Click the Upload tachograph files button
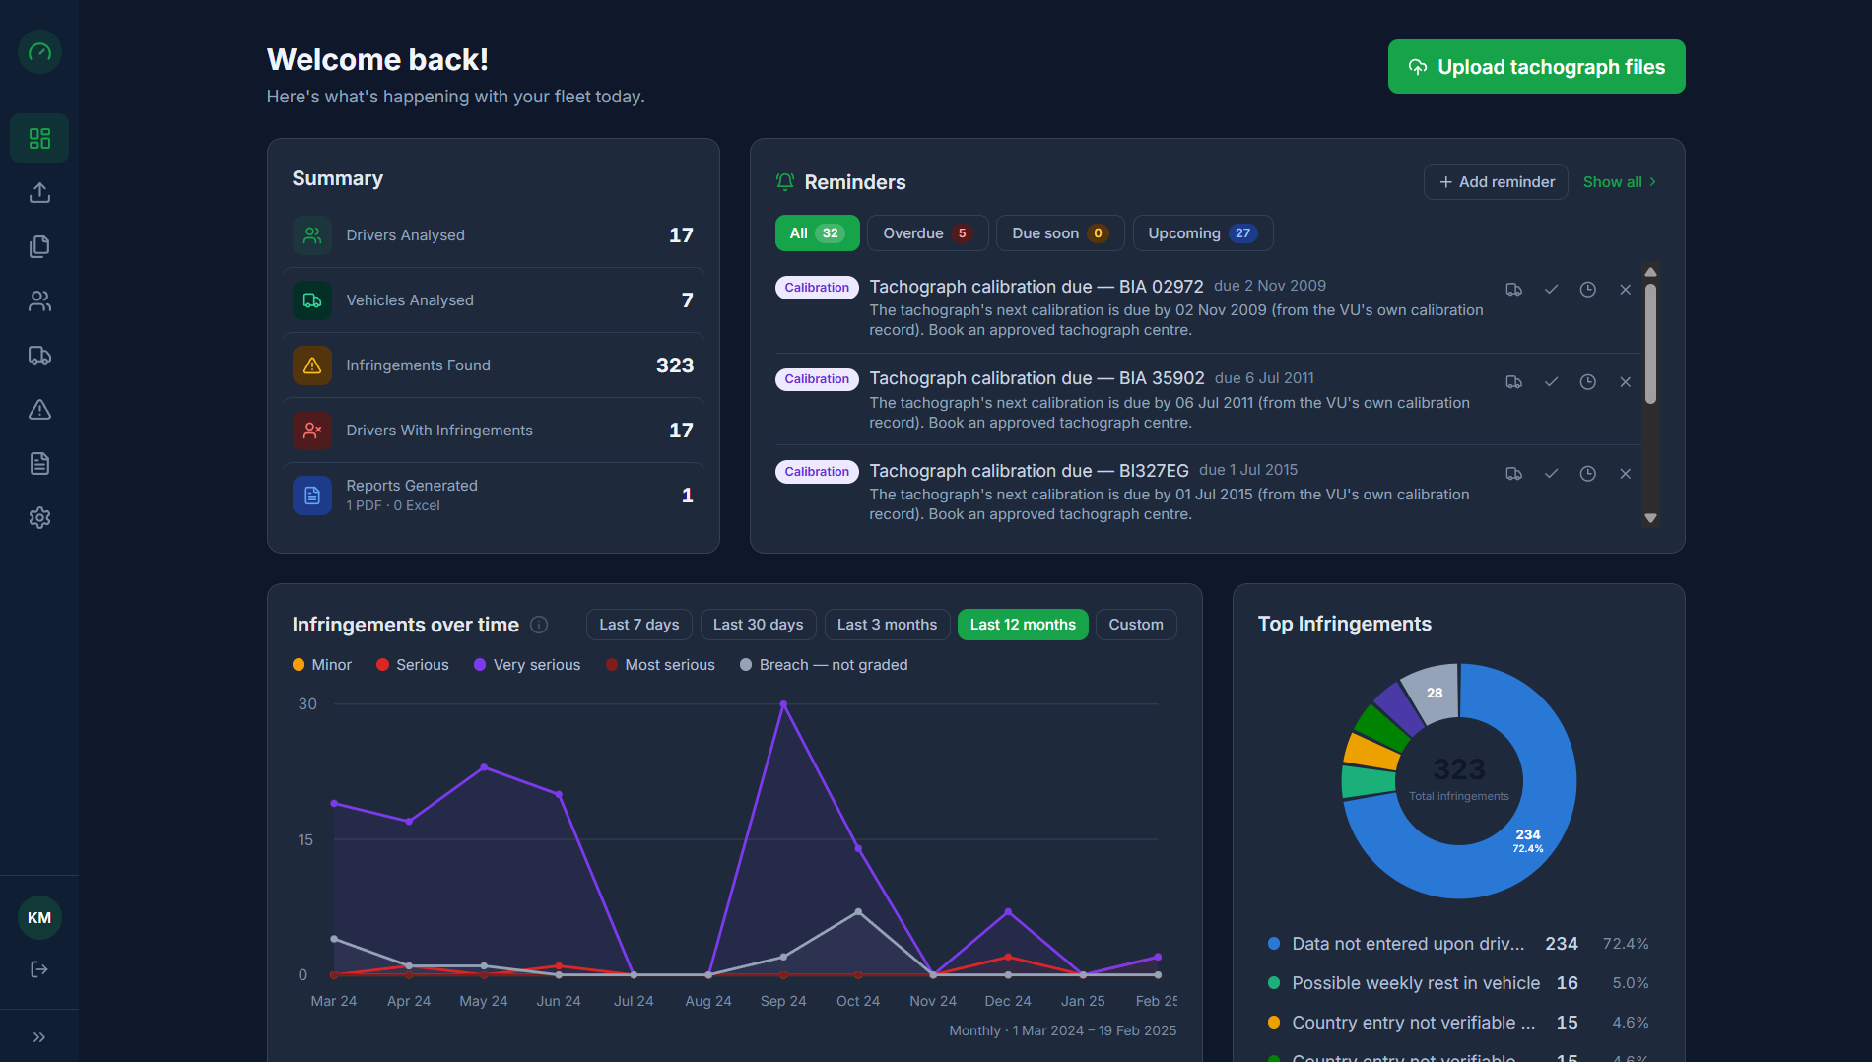(1536, 67)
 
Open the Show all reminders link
(1620, 182)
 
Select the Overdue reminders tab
(926, 233)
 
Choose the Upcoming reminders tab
(1202, 233)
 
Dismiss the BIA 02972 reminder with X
(1625, 290)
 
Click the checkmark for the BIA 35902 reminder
(1551, 382)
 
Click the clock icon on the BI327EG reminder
(1587, 474)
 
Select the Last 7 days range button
(639, 625)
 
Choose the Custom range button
(1136, 625)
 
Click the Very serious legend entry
(527, 665)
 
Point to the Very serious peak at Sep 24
(783, 704)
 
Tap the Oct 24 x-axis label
(858, 1001)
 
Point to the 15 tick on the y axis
(305, 840)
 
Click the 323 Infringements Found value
(675, 365)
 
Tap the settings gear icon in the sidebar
(39, 517)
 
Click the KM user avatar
(39, 918)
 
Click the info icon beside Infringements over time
(539, 625)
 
